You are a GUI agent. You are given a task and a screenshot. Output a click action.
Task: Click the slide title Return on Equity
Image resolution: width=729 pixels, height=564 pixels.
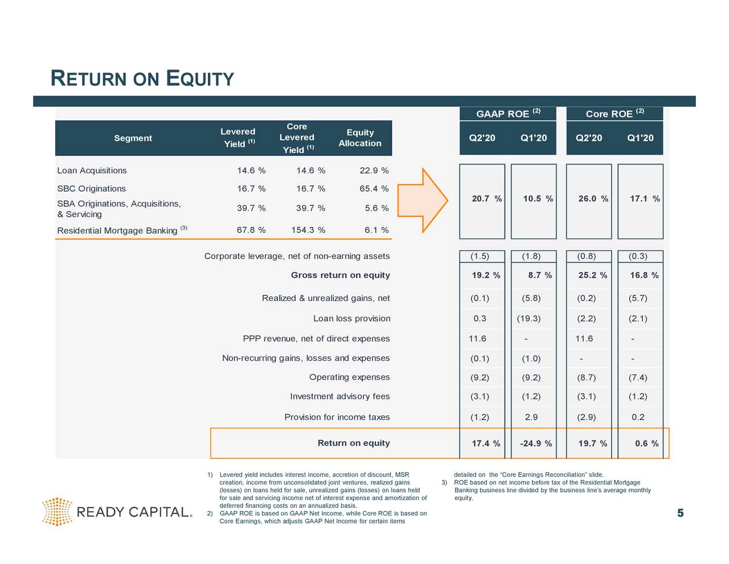[x=142, y=78]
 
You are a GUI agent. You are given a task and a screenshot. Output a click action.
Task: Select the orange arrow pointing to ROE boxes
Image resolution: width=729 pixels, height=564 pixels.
[x=423, y=201]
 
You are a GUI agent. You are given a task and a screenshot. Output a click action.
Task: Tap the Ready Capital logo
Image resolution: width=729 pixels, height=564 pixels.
[x=117, y=512]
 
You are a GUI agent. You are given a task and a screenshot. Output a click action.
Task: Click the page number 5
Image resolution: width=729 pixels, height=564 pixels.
[x=680, y=514]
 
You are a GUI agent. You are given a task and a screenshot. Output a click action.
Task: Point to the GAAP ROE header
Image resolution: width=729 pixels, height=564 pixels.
[x=507, y=113]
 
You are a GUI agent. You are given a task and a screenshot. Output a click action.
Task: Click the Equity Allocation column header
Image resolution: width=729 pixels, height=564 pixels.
[x=359, y=138]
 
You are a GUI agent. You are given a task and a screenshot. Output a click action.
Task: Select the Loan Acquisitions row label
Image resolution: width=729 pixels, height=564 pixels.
[x=92, y=171]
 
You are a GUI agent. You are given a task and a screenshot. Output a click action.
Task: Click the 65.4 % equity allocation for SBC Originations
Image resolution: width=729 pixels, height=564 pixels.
[x=374, y=189]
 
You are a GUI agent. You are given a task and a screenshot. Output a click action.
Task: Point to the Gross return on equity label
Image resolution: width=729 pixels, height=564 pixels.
[x=340, y=275]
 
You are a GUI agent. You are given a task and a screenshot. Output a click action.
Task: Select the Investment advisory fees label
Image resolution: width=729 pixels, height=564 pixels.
[x=339, y=396]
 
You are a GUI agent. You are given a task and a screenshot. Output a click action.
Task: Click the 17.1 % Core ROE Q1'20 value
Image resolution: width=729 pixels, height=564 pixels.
[x=644, y=198]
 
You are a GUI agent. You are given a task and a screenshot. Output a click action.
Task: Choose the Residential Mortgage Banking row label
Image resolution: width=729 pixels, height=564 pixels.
[x=117, y=230]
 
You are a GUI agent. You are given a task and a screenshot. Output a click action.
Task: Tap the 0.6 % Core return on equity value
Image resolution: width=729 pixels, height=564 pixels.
[x=646, y=444]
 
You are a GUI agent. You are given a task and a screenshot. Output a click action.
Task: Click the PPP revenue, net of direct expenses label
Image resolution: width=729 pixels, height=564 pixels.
[x=316, y=339]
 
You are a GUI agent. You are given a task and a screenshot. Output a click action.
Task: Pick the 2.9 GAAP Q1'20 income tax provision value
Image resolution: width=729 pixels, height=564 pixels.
[x=531, y=417]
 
